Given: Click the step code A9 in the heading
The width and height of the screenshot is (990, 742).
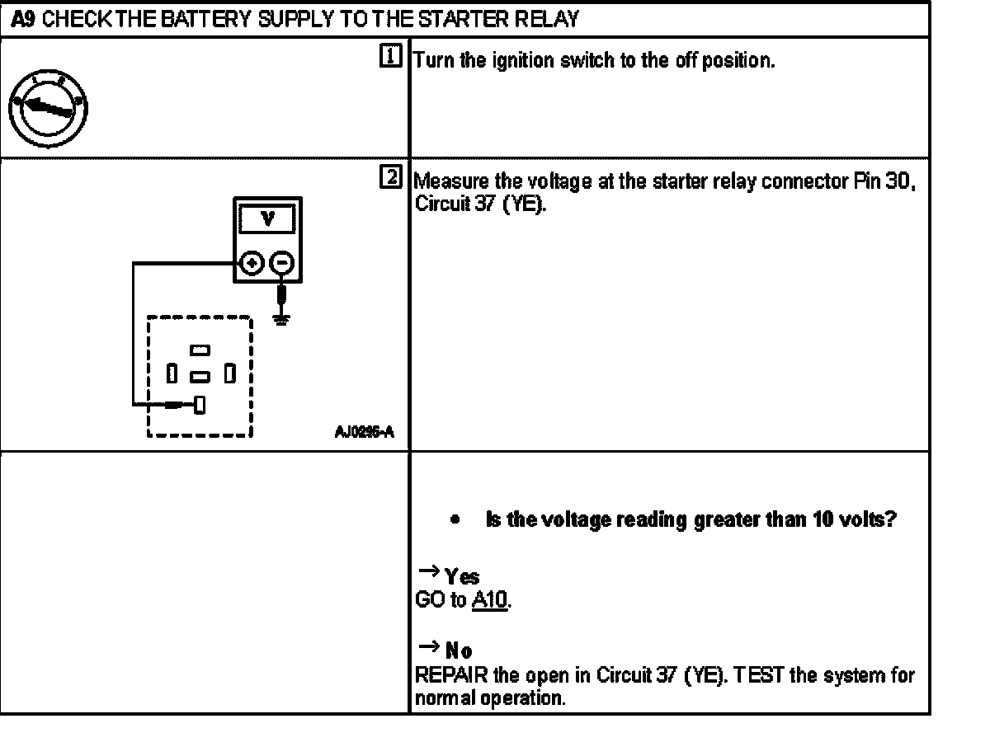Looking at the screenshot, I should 23,17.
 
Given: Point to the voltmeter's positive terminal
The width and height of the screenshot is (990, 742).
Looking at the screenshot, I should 253,263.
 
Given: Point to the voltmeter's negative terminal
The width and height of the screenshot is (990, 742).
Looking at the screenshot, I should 281,263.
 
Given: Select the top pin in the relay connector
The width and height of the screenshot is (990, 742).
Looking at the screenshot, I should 199,350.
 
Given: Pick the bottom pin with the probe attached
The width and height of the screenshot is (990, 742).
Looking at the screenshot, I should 200,404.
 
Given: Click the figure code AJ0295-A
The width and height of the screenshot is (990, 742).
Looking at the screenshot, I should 364,431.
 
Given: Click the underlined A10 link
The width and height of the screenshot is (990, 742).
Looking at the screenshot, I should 490,601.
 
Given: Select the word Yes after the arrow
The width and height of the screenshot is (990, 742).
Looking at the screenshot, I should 462,576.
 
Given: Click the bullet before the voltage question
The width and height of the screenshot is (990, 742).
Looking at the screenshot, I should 455,520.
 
